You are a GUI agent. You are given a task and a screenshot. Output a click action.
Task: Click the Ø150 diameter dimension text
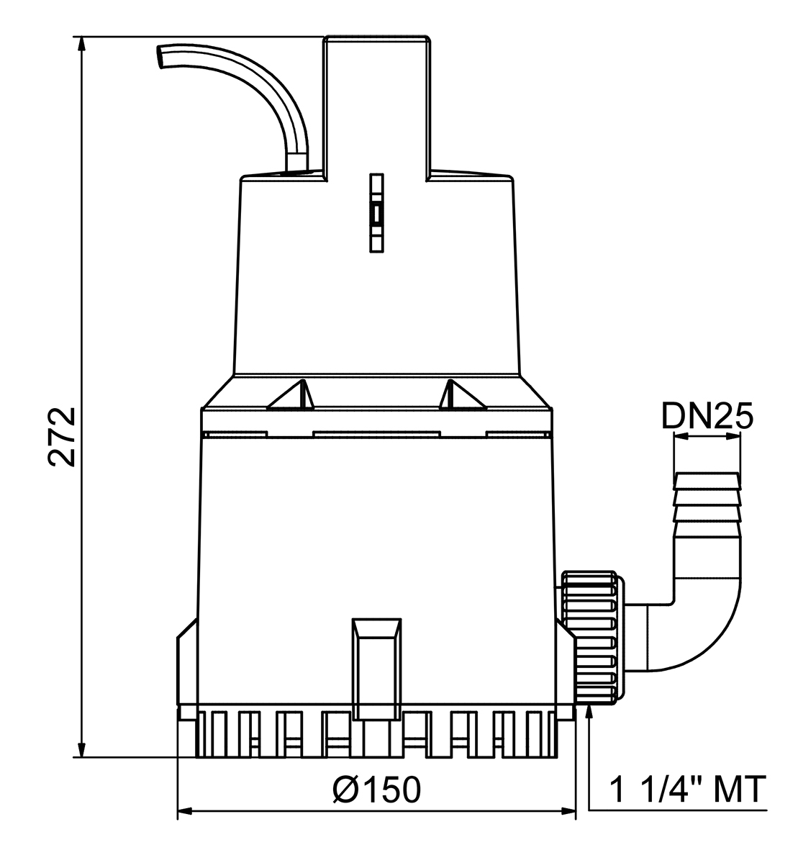(x=377, y=790)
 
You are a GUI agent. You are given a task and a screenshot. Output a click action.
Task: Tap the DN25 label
(x=707, y=416)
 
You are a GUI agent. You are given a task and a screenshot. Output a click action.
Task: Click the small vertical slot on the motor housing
(x=376, y=213)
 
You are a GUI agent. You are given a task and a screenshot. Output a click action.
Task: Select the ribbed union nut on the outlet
(x=590, y=637)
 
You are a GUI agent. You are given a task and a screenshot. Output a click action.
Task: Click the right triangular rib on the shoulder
(x=461, y=396)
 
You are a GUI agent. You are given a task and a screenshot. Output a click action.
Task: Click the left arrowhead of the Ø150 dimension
(x=184, y=813)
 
